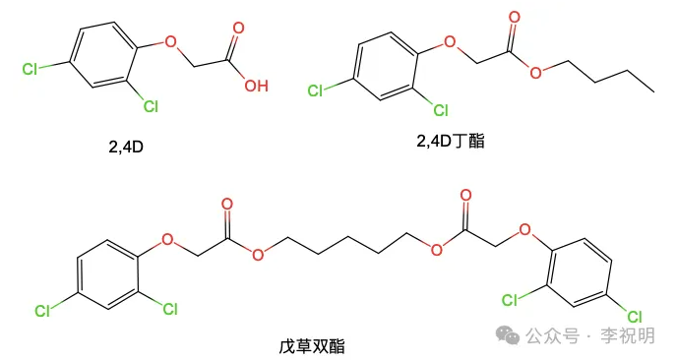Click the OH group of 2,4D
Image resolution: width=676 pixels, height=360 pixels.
coord(256,87)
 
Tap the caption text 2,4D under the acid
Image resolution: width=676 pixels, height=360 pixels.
coord(128,149)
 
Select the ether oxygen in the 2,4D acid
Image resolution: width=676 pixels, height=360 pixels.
coord(170,44)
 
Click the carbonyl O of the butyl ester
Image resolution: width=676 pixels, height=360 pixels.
coord(512,17)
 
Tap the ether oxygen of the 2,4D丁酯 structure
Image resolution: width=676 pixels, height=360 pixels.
coord(451,43)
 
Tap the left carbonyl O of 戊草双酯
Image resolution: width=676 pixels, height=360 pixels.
coord(228,208)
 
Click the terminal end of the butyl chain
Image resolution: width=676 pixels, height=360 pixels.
coord(654,90)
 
